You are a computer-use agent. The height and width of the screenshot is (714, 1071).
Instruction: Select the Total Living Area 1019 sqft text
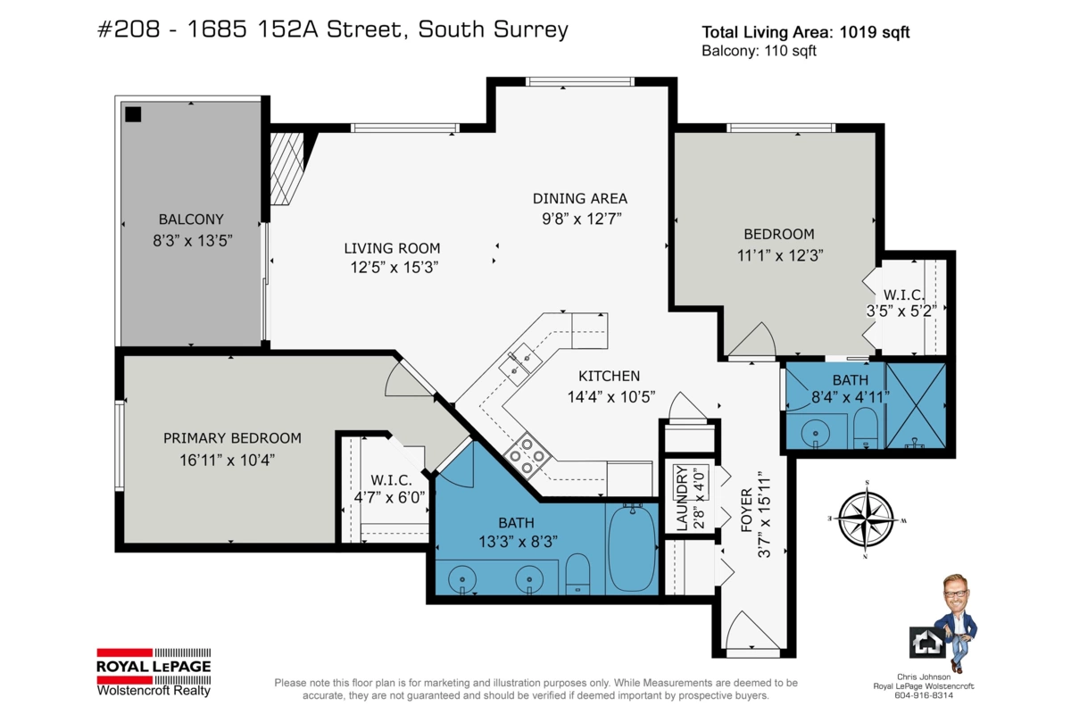tap(806, 32)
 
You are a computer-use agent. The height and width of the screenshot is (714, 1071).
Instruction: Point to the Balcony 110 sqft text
tap(760, 52)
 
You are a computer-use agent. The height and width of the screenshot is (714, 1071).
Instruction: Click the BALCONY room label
tap(191, 219)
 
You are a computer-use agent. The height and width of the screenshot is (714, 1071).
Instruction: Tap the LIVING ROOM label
tap(393, 248)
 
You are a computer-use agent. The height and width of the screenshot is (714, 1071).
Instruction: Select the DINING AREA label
tap(580, 198)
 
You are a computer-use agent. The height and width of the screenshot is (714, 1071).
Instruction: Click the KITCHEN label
tap(609, 376)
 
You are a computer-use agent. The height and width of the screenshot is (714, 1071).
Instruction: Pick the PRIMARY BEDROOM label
tap(232, 438)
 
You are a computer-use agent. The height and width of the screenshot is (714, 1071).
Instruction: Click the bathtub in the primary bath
tap(631, 548)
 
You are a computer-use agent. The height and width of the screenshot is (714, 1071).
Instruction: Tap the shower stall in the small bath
tap(915, 404)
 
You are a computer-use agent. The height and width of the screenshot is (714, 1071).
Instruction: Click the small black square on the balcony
tap(133, 114)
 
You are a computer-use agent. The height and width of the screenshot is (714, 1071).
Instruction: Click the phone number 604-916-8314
tap(924, 694)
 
